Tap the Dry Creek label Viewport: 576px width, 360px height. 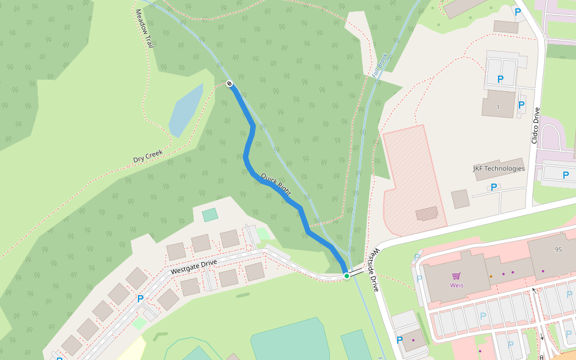click(148, 155)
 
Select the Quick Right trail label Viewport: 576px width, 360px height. click(276, 184)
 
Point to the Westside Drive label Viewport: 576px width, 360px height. click(373, 269)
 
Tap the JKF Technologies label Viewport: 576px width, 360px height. click(499, 169)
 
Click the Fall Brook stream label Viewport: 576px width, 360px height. click(380, 65)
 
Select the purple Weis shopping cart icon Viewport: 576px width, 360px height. click(456, 276)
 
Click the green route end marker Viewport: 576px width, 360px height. click(346, 276)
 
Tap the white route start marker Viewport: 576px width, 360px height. click(229, 83)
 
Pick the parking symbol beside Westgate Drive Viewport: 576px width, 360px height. click(140, 298)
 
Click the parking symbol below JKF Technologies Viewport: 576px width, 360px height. click(494, 187)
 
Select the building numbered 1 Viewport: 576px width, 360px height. click(498, 104)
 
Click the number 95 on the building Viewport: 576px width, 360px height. click(558, 249)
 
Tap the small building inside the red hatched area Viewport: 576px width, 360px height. click(427, 213)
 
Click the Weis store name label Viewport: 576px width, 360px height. click(457, 285)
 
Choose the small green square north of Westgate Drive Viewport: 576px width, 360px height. click(210, 215)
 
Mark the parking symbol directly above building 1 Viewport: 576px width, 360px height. click(500, 79)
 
